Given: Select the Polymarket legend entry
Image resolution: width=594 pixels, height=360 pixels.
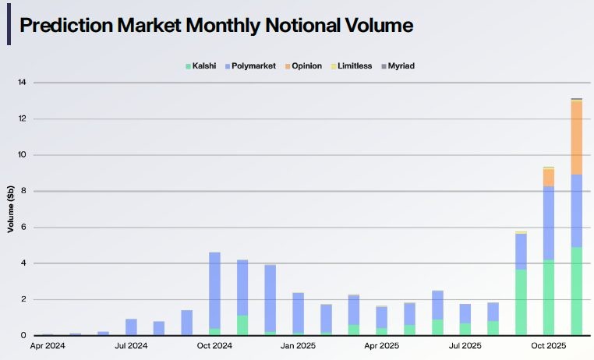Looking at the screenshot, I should pyautogui.click(x=253, y=66).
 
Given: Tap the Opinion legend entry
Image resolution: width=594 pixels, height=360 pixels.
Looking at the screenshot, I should pyautogui.click(x=306, y=66).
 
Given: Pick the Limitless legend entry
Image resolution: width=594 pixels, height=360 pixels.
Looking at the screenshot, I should pyautogui.click(x=353, y=66).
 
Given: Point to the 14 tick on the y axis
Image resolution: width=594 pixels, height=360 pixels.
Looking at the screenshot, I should pyautogui.click(x=22, y=83).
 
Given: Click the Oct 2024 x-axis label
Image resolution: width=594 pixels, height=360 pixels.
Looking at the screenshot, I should pyautogui.click(x=214, y=344).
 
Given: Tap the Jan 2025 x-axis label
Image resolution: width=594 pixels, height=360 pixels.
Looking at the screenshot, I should pyautogui.click(x=298, y=344).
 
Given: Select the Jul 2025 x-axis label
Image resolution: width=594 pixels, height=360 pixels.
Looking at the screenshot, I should pyautogui.click(x=465, y=344).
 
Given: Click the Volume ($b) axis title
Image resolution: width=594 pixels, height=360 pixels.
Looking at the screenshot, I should pyautogui.click(x=11, y=209).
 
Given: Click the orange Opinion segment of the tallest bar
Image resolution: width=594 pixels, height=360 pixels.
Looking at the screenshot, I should pyautogui.click(x=577, y=137).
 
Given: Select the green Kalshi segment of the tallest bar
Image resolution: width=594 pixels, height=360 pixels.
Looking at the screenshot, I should pyautogui.click(x=577, y=291).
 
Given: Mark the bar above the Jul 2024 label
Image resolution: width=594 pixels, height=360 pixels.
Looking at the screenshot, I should pyautogui.click(x=131, y=327).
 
